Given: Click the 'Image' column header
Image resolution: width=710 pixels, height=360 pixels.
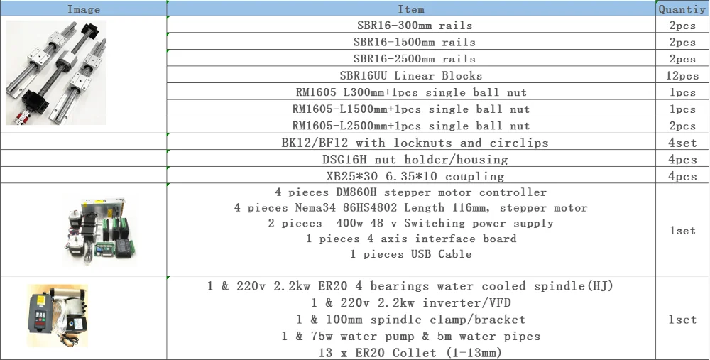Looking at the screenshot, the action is point(83,9).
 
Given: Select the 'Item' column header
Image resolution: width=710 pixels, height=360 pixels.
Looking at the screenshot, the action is point(411,9).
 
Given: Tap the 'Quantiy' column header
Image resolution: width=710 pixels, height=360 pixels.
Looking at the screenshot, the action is point(682,9).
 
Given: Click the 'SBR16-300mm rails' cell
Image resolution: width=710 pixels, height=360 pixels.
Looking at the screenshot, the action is point(411,26).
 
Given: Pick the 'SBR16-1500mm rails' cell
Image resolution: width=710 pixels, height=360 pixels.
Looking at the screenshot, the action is point(411,42).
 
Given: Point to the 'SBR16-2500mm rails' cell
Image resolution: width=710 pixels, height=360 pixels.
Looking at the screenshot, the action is point(411,59).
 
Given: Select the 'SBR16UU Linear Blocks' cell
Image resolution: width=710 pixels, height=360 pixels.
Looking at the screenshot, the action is point(411,76).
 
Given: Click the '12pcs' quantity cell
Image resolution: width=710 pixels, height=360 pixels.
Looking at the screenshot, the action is point(682,76).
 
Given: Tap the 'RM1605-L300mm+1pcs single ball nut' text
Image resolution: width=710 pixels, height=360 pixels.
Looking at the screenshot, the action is point(411,92).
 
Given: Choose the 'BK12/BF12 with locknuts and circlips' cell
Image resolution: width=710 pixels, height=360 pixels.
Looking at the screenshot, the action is point(411,143).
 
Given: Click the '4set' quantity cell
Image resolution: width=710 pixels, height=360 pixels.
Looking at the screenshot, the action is point(682,143).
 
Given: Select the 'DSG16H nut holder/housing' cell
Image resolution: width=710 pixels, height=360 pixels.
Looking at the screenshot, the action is point(411,159).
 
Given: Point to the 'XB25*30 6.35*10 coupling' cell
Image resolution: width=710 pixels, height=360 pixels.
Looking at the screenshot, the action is point(411,176).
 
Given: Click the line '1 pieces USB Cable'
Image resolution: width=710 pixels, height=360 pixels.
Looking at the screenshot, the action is point(411,254).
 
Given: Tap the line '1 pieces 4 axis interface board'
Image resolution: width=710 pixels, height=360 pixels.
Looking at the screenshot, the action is point(411,239).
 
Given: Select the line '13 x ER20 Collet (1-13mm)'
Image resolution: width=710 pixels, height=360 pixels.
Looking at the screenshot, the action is point(411,353).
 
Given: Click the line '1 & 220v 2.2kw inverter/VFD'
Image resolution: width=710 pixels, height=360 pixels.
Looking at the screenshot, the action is point(411,302).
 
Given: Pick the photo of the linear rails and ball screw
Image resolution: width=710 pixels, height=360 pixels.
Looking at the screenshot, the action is point(55,72).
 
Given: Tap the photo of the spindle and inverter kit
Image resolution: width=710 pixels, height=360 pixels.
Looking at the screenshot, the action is point(58,316).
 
